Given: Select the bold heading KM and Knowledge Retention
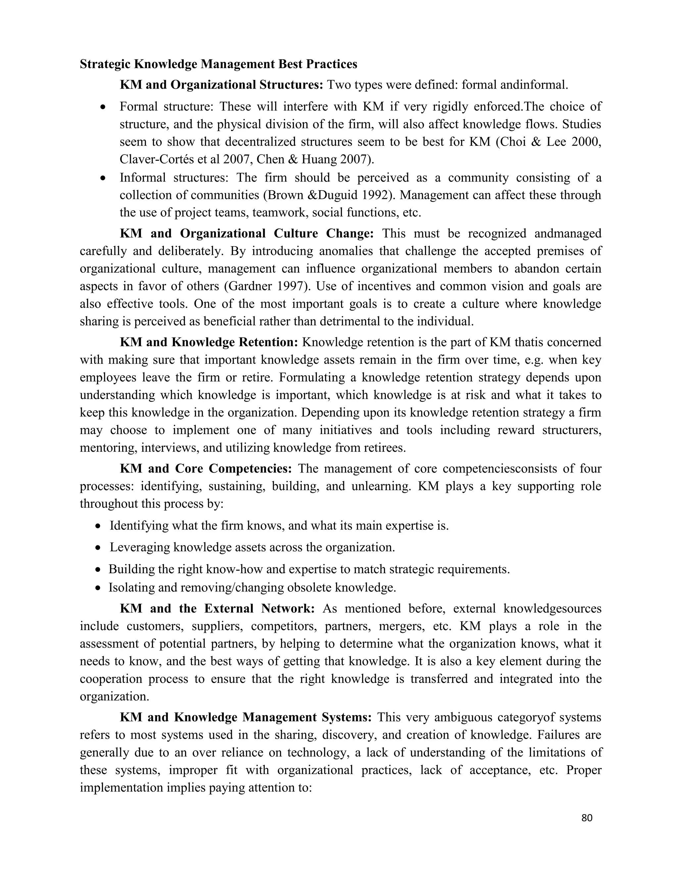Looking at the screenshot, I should [209, 342].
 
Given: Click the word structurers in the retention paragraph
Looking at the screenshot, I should [571, 430].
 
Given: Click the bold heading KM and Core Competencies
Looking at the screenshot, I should [206, 469].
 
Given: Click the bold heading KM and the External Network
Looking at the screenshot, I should [217, 608].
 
